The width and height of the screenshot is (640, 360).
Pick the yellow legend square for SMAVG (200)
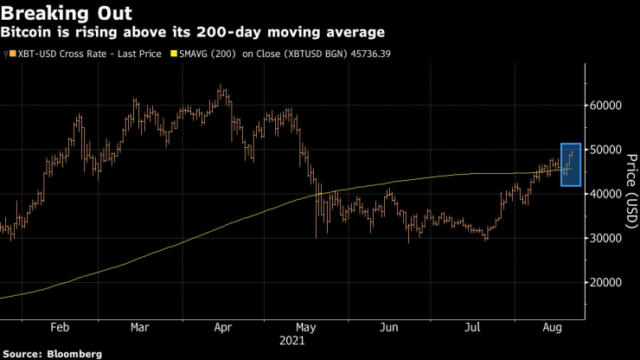(x=174, y=54)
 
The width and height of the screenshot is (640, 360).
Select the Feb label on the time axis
(x=60, y=328)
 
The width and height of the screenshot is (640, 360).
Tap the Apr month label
(x=223, y=328)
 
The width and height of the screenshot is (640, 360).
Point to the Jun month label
(x=389, y=328)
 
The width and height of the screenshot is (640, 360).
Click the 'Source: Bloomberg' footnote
(x=53, y=354)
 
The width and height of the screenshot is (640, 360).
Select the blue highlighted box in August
(x=570, y=164)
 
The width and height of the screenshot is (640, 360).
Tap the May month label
(x=305, y=328)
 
